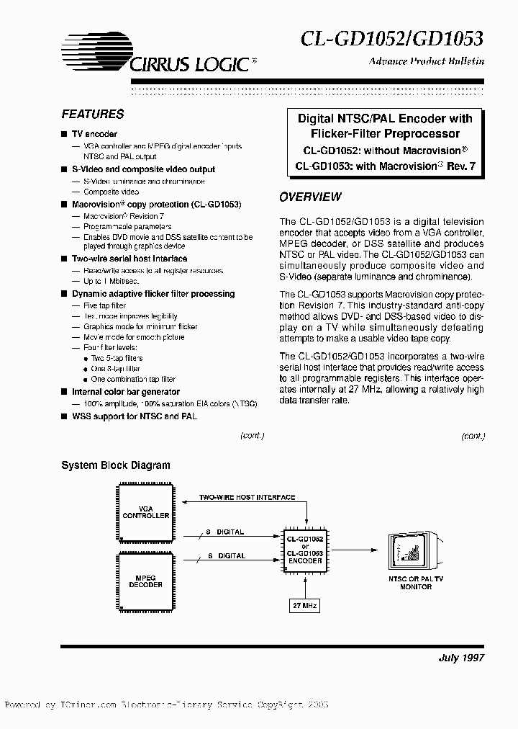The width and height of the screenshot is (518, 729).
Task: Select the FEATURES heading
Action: click(x=92, y=114)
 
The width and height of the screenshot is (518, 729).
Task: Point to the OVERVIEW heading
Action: click(x=310, y=197)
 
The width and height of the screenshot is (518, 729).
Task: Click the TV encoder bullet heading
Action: click(x=94, y=134)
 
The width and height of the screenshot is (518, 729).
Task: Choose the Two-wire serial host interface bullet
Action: click(x=129, y=259)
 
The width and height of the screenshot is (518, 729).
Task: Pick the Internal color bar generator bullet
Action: click(x=126, y=392)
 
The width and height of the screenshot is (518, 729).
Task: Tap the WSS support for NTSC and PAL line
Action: click(x=134, y=416)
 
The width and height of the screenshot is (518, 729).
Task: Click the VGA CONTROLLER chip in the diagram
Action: click(x=146, y=513)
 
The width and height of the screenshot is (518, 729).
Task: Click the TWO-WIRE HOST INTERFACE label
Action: click(x=247, y=498)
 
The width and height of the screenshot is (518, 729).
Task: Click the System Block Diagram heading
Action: click(x=116, y=465)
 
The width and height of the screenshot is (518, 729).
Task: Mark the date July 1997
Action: click(x=461, y=658)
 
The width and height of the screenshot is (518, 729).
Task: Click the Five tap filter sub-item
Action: click(x=105, y=306)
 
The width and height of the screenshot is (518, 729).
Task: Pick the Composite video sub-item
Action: click(x=112, y=192)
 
